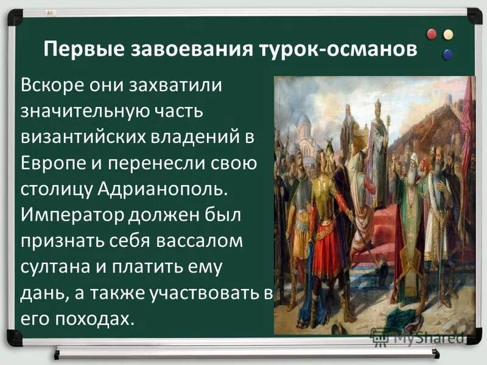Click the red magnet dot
(433, 34)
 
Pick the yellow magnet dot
(448, 34)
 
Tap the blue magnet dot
(447, 54)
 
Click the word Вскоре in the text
(49, 85)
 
